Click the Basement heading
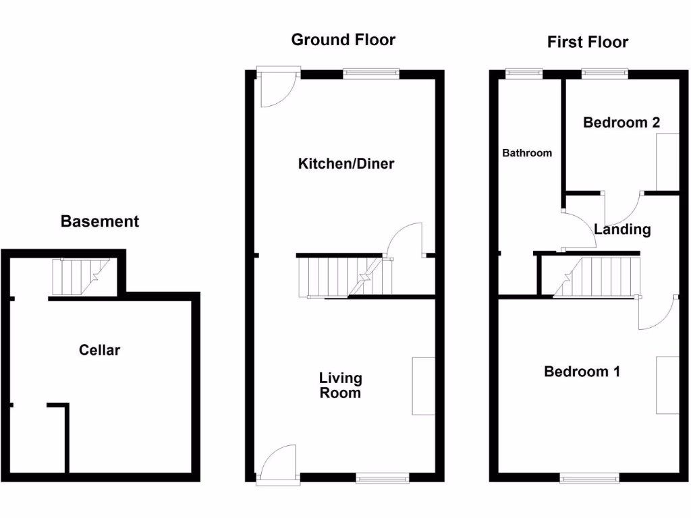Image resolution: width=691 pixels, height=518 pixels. (100, 221)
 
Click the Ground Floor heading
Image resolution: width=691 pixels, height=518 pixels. (343, 40)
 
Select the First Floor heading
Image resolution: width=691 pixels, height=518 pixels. (587, 42)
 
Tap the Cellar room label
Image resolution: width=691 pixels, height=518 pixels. (99, 350)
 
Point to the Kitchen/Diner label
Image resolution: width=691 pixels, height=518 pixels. (345, 164)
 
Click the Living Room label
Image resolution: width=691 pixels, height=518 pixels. (341, 386)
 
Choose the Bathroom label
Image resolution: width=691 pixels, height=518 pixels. (527, 153)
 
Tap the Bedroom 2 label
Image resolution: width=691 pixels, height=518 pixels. (621, 123)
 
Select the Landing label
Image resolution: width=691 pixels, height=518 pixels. (622, 229)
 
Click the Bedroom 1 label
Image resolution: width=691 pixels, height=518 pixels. (582, 372)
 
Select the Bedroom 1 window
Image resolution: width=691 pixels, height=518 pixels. (590, 478)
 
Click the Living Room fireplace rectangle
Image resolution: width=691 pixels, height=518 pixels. (423, 386)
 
